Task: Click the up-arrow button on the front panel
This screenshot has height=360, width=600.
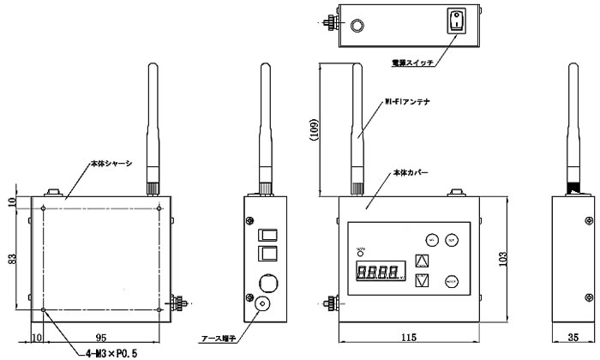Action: click(x=421, y=261)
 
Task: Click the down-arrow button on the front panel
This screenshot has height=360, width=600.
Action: click(x=421, y=280)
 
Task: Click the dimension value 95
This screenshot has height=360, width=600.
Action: click(x=102, y=337)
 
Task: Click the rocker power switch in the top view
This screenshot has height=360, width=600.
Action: click(x=456, y=21)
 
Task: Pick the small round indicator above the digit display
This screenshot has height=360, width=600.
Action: click(x=360, y=251)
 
